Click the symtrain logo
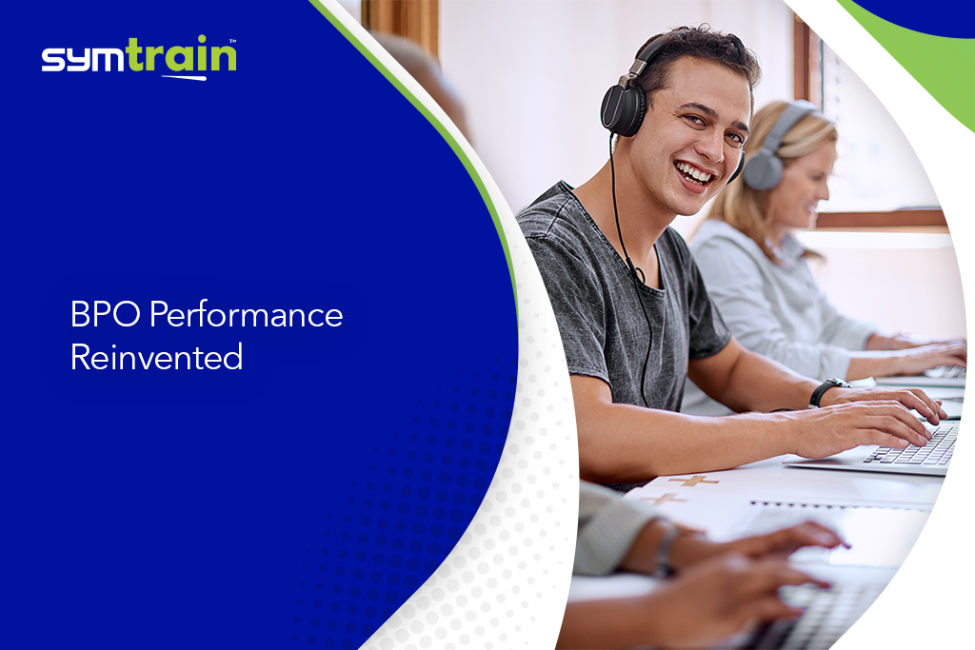(139, 58)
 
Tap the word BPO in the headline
(105, 314)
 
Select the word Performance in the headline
(247, 314)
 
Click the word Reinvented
(157, 357)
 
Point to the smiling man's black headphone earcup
(623, 109)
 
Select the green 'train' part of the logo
(181, 54)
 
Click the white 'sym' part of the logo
(84, 60)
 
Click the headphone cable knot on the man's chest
(638, 274)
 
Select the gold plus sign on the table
(693, 481)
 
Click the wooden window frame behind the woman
(881, 219)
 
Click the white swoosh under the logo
(184, 78)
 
